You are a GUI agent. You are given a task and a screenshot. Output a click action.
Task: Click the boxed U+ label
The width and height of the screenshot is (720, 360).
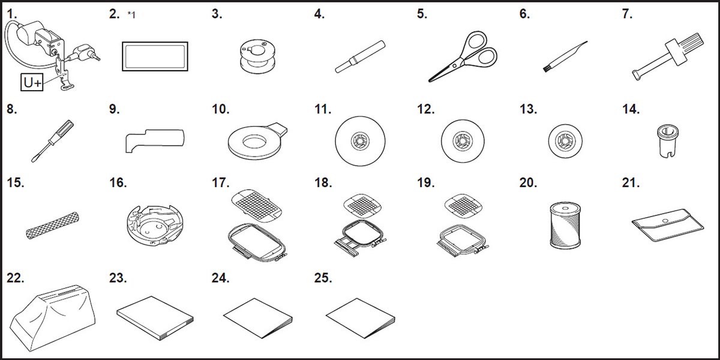click(32, 82)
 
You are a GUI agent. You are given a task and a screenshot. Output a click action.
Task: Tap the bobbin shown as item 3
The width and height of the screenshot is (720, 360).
click(258, 56)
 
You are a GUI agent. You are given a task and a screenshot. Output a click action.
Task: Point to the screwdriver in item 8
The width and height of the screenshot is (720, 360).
click(53, 141)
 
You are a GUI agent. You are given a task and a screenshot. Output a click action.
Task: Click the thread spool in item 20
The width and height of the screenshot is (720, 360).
click(565, 226)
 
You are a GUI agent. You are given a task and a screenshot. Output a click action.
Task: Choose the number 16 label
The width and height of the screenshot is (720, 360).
click(118, 182)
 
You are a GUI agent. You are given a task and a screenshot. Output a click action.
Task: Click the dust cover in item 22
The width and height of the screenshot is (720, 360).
click(52, 317)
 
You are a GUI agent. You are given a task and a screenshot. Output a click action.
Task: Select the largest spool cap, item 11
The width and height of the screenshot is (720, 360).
click(360, 141)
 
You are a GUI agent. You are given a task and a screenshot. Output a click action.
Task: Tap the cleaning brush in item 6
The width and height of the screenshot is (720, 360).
click(565, 56)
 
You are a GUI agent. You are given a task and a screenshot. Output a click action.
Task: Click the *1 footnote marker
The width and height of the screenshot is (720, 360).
click(131, 15)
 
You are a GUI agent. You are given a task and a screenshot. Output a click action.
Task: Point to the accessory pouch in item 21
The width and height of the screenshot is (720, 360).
click(668, 225)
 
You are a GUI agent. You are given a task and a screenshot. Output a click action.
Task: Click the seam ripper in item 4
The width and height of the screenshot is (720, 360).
click(360, 56)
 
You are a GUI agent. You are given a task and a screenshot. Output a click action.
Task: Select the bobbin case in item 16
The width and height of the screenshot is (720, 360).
click(155, 226)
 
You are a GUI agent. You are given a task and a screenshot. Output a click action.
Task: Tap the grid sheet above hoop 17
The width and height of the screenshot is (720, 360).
click(257, 206)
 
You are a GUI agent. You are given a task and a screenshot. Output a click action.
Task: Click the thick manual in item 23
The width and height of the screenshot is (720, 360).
click(155, 318)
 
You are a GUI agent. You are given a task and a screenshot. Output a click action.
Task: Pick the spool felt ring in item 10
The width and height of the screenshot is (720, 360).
click(257, 142)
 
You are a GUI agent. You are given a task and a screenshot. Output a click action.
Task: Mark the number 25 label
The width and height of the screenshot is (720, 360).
click(323, 278)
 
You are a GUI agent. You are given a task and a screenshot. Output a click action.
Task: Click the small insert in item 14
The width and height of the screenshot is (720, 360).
click(668, 141)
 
